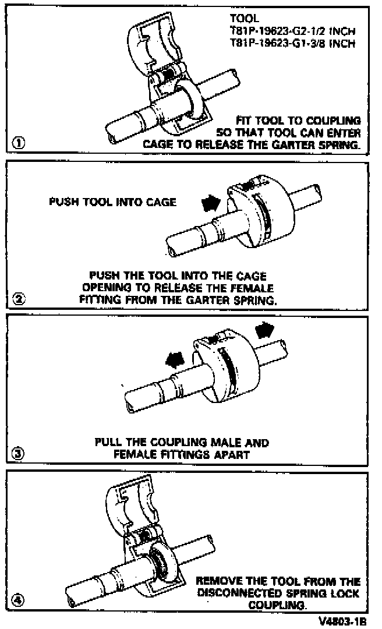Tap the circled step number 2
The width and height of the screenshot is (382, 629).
click(19, 300)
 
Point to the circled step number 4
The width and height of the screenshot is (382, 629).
click(19, 600)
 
